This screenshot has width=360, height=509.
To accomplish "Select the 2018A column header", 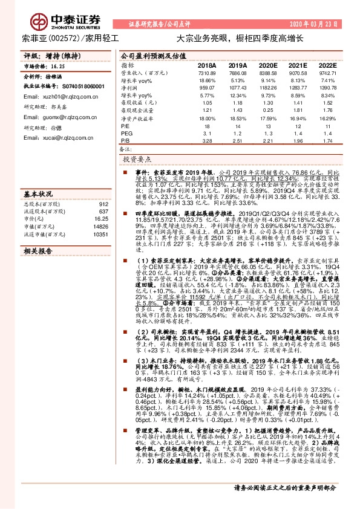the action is pos(207,65).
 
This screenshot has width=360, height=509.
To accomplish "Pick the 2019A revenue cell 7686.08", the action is pos(237,73).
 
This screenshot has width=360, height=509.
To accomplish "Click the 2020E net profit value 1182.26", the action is pos(267,88).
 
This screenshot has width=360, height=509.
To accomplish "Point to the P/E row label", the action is pos(125,126).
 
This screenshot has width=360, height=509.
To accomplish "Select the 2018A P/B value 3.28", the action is pos(207,141).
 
